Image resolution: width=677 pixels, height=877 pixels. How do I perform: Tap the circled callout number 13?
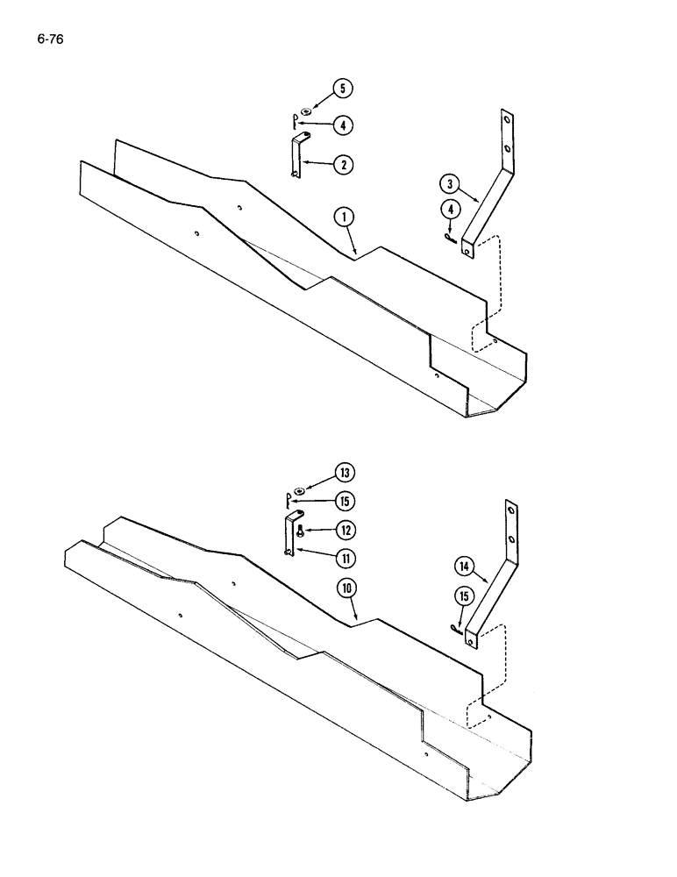[345, 474]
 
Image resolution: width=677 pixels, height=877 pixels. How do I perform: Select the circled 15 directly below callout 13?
[345, 501]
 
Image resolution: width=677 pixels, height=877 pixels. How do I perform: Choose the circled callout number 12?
[345, 529]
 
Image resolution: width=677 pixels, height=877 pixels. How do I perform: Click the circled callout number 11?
[345, 557]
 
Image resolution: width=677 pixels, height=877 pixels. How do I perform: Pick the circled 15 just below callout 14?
[463, 596]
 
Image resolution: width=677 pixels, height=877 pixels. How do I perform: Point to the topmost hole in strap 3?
[506, 118]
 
